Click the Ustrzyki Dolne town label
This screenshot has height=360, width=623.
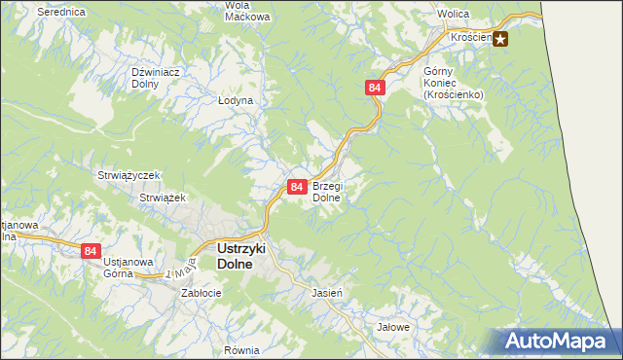pyautogui.click(x=234, y=255)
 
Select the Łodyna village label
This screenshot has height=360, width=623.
pyautogui.click(x=236, y=100)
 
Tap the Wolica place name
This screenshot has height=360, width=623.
pyautogui.click(x=454, y=16)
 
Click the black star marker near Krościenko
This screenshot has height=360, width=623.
pyautogui.click(x=500, y=39)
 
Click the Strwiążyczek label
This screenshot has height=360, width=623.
pyautogui.click(x=128, y=175)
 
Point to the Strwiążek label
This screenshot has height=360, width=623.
pyautogui.click(x=163, y=197)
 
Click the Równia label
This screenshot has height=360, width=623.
pyautogui.click(x=240, y=348)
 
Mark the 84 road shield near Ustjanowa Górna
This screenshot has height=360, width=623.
pyautogui.click(x=91, y=250)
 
